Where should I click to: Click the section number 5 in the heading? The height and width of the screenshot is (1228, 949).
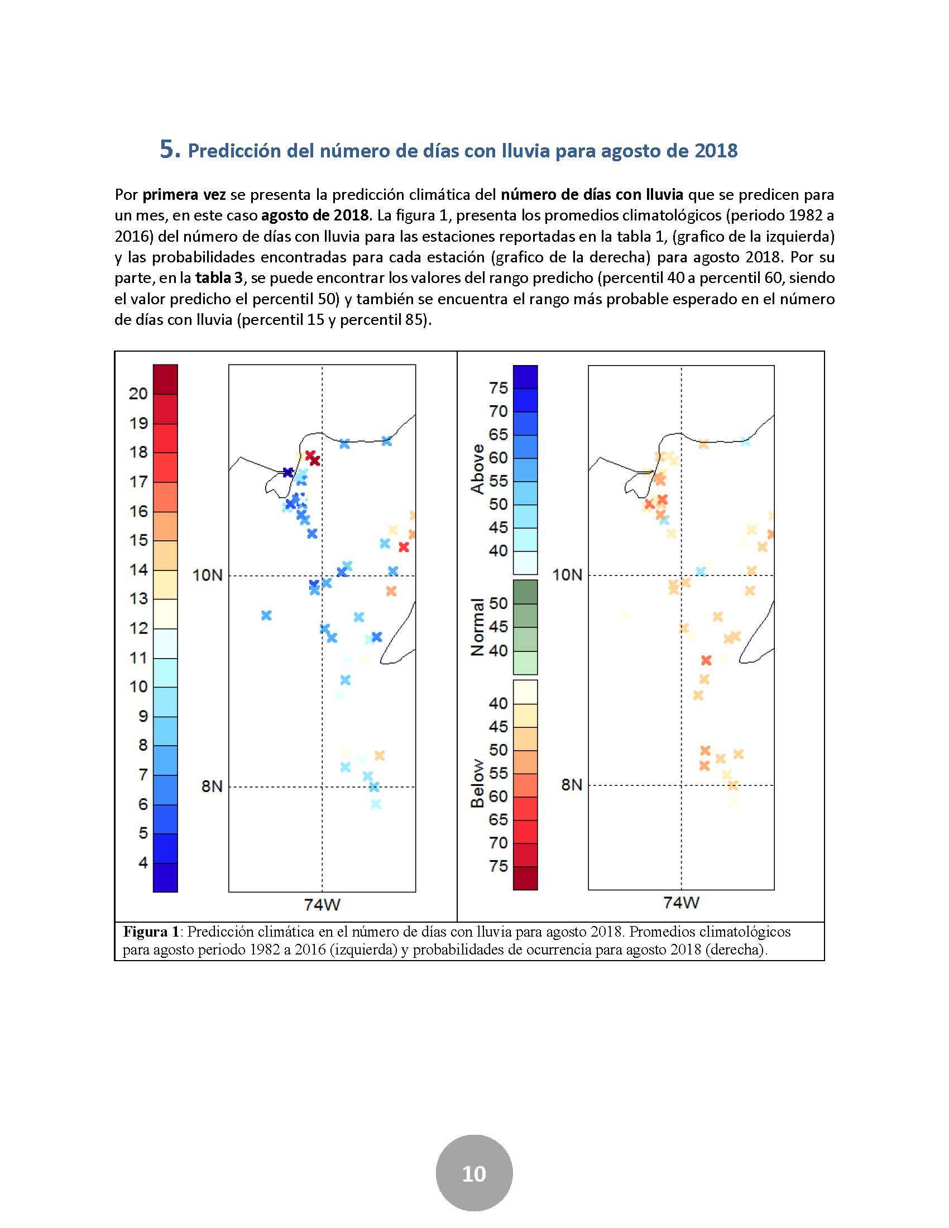170,150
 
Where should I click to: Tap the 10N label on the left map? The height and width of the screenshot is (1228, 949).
208,575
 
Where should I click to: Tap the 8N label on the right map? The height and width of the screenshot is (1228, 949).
572,784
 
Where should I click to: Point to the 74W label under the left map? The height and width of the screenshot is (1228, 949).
322,905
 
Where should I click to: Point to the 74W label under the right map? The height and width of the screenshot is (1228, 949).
681,903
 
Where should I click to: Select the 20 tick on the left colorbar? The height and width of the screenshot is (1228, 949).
138,394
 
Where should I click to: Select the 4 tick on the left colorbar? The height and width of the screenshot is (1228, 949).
143,862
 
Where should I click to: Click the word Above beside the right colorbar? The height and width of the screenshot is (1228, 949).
477,469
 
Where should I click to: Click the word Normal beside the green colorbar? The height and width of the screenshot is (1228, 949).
477,627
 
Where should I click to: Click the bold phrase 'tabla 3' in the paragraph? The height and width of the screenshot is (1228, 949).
219,278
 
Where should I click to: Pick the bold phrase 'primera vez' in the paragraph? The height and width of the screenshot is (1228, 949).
184,195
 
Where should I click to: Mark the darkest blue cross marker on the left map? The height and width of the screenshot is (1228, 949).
288,472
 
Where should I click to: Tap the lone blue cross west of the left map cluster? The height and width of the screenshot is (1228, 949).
266,615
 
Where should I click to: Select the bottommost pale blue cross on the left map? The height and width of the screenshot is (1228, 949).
376,804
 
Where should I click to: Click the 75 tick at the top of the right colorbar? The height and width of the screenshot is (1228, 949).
499,388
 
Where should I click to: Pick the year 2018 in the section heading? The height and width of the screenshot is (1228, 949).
716,151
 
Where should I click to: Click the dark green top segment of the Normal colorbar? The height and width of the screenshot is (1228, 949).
525,592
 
